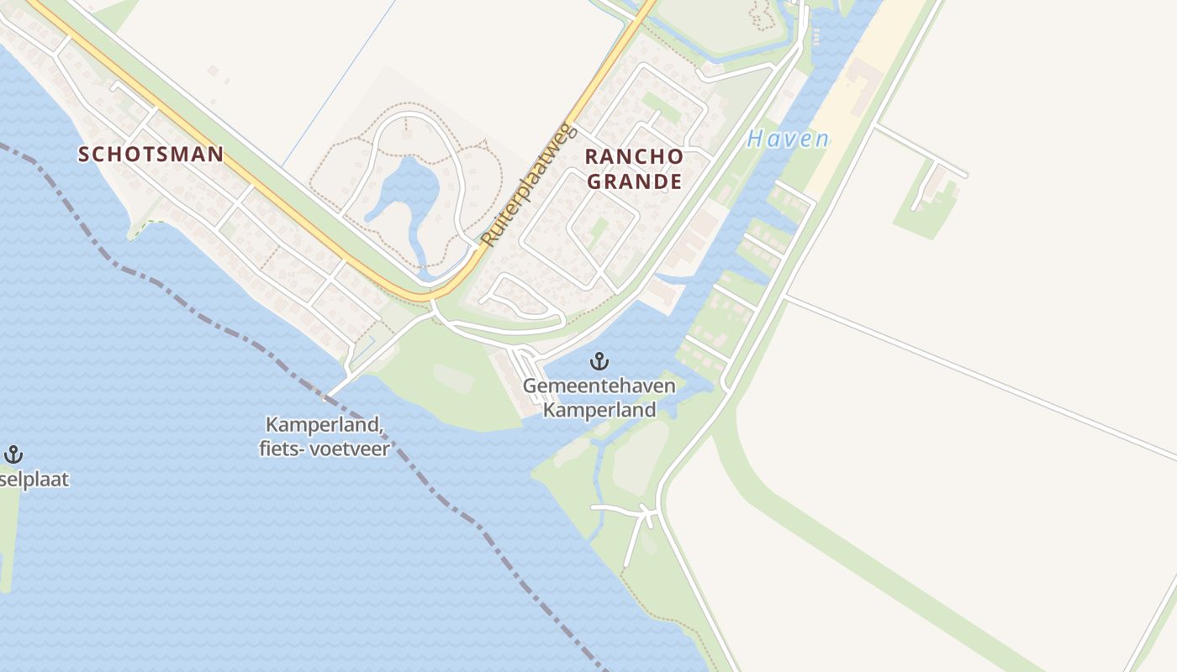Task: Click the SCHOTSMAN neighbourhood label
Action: click(x=151, y=155)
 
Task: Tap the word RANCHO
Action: click(x=633, y=157)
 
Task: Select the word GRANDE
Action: click(x=633, y=181)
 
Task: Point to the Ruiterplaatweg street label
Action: click(x=526, y=186)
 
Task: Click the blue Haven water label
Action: click(x=788, y=139)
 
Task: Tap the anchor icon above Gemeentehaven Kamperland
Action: click(x=599, y=362)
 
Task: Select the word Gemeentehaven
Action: click(x=599, y=386)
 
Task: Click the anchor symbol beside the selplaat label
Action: click(x=13, y=455)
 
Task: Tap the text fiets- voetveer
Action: click(x=325, y=449)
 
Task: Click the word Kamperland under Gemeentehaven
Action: click(x=599, y=411)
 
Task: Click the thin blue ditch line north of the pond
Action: click(x=336, y=84)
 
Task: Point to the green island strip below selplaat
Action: click(x=8, y=538)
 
